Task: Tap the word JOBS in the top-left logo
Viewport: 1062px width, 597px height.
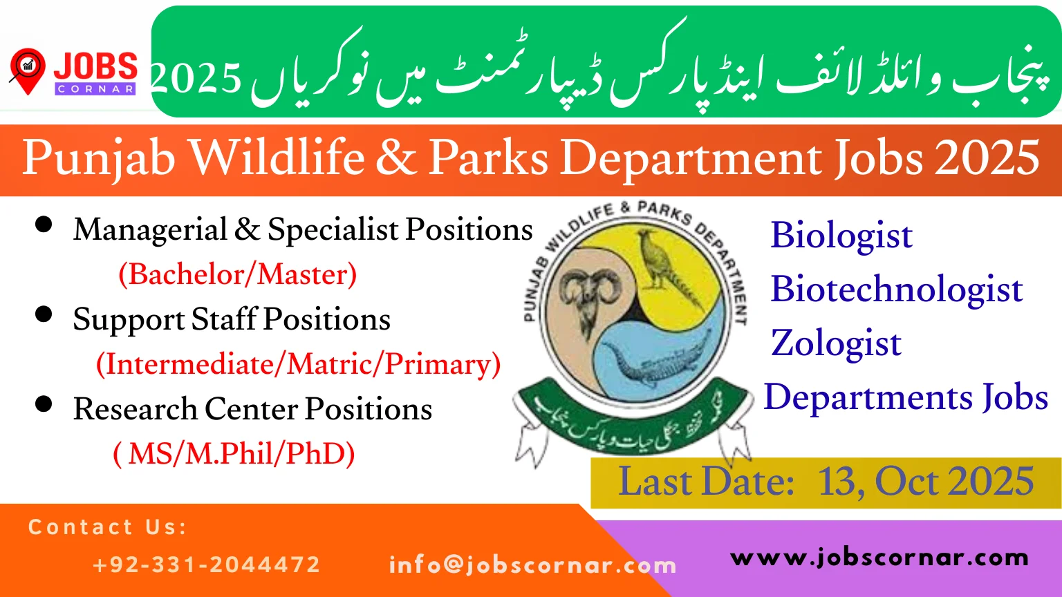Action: tap(95, 67)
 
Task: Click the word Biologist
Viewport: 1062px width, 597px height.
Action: tap(841, 236)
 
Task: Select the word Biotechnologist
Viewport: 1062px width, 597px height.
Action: tap(896, 290)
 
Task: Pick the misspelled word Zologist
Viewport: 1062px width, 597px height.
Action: tap(835, 343)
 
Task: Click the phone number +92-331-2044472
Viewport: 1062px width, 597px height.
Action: tap(206, 565)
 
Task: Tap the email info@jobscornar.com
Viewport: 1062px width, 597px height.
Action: tap(532, 565)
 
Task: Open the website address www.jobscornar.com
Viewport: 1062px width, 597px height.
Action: tap(879, 558)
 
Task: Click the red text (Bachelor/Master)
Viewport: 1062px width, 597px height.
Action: tap(237, 274)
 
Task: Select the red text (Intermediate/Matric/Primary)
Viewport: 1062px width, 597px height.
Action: tap(298, 364)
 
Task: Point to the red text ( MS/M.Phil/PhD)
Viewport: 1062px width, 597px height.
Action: tap(234, 454)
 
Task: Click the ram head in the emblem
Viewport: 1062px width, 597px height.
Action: tap(590, 297)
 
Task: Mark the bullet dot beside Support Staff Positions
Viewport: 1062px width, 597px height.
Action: tap(44, 314)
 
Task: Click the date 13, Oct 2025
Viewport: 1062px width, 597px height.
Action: tap(925, 482)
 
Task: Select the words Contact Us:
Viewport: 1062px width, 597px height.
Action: tap(107, 527)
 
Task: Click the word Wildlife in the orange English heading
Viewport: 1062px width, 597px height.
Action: tap(277, 158)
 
